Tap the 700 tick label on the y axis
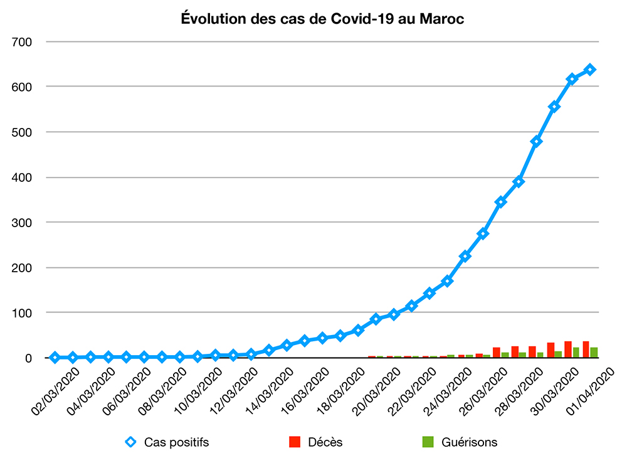(23, 42)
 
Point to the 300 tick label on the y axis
(23, 223)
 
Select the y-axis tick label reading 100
(23, 312)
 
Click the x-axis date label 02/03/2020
(56, 390)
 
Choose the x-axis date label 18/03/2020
(341, 390)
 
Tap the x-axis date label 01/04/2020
(591, 390)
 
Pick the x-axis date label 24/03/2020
(448, 390)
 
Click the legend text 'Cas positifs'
(176, 442)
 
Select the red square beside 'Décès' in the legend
(295, 442)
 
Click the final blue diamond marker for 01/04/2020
(590, 70)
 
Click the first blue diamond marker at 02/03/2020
(55, 357)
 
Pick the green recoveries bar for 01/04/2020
(594, 353)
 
